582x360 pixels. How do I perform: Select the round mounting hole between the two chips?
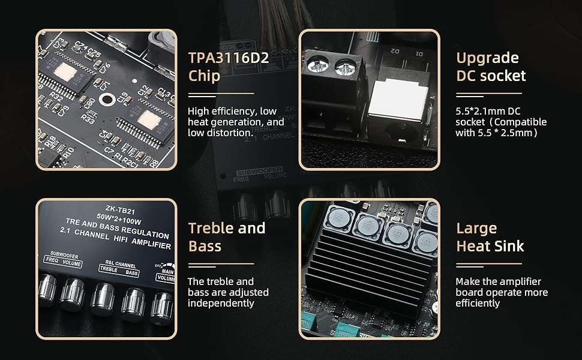(x=108, y=100)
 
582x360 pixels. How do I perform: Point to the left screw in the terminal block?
(x=314, y=62)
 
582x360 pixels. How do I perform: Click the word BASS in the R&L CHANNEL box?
(x=133, y=274)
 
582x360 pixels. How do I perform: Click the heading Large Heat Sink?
(x=490, y=237)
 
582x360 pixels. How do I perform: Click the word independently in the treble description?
(x=221, y=303)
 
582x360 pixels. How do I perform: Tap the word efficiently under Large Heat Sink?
(x=478, y=303)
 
